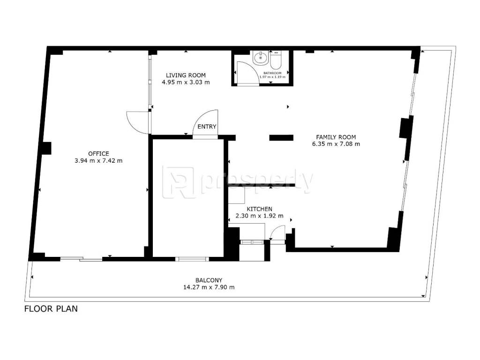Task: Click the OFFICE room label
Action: [98, 154]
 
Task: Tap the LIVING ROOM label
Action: [186, 75]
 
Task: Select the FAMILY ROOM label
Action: [336, 137]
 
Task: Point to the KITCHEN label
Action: [260, 209]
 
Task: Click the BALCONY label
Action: [209, 280]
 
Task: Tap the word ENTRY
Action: [207, 127]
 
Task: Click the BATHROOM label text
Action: [272, 73]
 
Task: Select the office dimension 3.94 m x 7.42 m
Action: [98, 160]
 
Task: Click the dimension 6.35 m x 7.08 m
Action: [336, 144]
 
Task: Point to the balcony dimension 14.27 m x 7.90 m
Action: [209, 287]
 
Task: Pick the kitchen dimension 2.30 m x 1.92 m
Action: [260, 216]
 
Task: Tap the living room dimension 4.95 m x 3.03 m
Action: [186, 82]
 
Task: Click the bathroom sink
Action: [261, 58]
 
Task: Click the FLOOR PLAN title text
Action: [51, 308]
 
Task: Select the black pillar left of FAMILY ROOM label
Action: [281, 138]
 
